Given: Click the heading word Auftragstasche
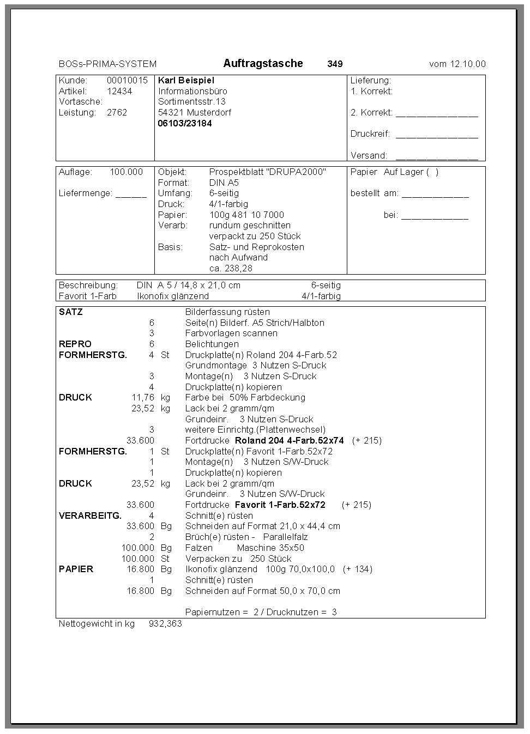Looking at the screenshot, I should click(x=263, y=63).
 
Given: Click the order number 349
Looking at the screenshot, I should click(x=335, y=64).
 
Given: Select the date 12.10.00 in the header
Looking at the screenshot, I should click(x=467, y=64).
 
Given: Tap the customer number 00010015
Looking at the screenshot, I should click(x=127, y=80).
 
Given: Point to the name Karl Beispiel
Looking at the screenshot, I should click(x=186, y=80).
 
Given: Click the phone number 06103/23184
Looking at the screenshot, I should click(x=185, y=123).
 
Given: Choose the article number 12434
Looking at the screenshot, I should click(x=119, y=91).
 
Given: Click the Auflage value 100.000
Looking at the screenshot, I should click(x=126, y=172).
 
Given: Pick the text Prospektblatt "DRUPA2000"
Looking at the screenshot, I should click(x=267, y=172).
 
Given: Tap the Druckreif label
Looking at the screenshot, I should click(x=370, y=134).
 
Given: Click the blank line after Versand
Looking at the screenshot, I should click(x=437, y=156).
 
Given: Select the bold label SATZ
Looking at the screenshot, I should click(x=71, y=312).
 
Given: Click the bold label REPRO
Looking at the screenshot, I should click(x=75, y=344).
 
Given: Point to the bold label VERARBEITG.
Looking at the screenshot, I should click(x=90, y=515).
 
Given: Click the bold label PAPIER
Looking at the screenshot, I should click(x=76, y=569).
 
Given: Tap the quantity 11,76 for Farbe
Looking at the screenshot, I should click(x=143, y=397).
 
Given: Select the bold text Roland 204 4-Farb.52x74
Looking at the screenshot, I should click(x=289, y=440).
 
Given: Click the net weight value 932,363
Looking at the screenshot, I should click(x=165, y=623).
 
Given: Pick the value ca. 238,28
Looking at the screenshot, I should click(x=231, y=268).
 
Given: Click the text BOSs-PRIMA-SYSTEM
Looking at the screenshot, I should click(x=107, y=64).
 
